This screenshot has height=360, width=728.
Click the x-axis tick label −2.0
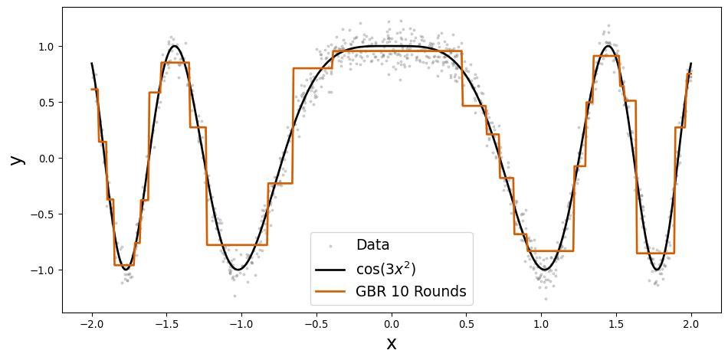pyautogui.click(x=92, y=324)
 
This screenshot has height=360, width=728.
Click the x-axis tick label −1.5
pyautogui.click(x=166, y=324)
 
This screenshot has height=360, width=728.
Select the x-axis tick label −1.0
pyautogui.click(x=241, y=324)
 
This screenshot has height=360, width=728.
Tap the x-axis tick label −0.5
pyautogui.click(x=316, y=324)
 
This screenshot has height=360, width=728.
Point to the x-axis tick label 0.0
pyautogui.click(x=392, y=324)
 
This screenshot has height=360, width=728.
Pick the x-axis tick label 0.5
pyautogui.click(x=466, y=324)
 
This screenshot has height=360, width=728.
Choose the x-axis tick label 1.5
pyautogui.click(x=616, y=324)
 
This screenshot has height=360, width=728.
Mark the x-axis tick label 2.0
pyautogui.click(x=691, y=324)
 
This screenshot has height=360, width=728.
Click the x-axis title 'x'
pyautogui.click(x=392, y=343)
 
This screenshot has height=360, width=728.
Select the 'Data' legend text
pyautogui.click(x=372, y=245)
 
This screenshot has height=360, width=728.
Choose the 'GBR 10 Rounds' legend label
pyautogui.click(x=411, y=292)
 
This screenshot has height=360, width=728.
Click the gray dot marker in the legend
pyautogui.click(x=331, y=246)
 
